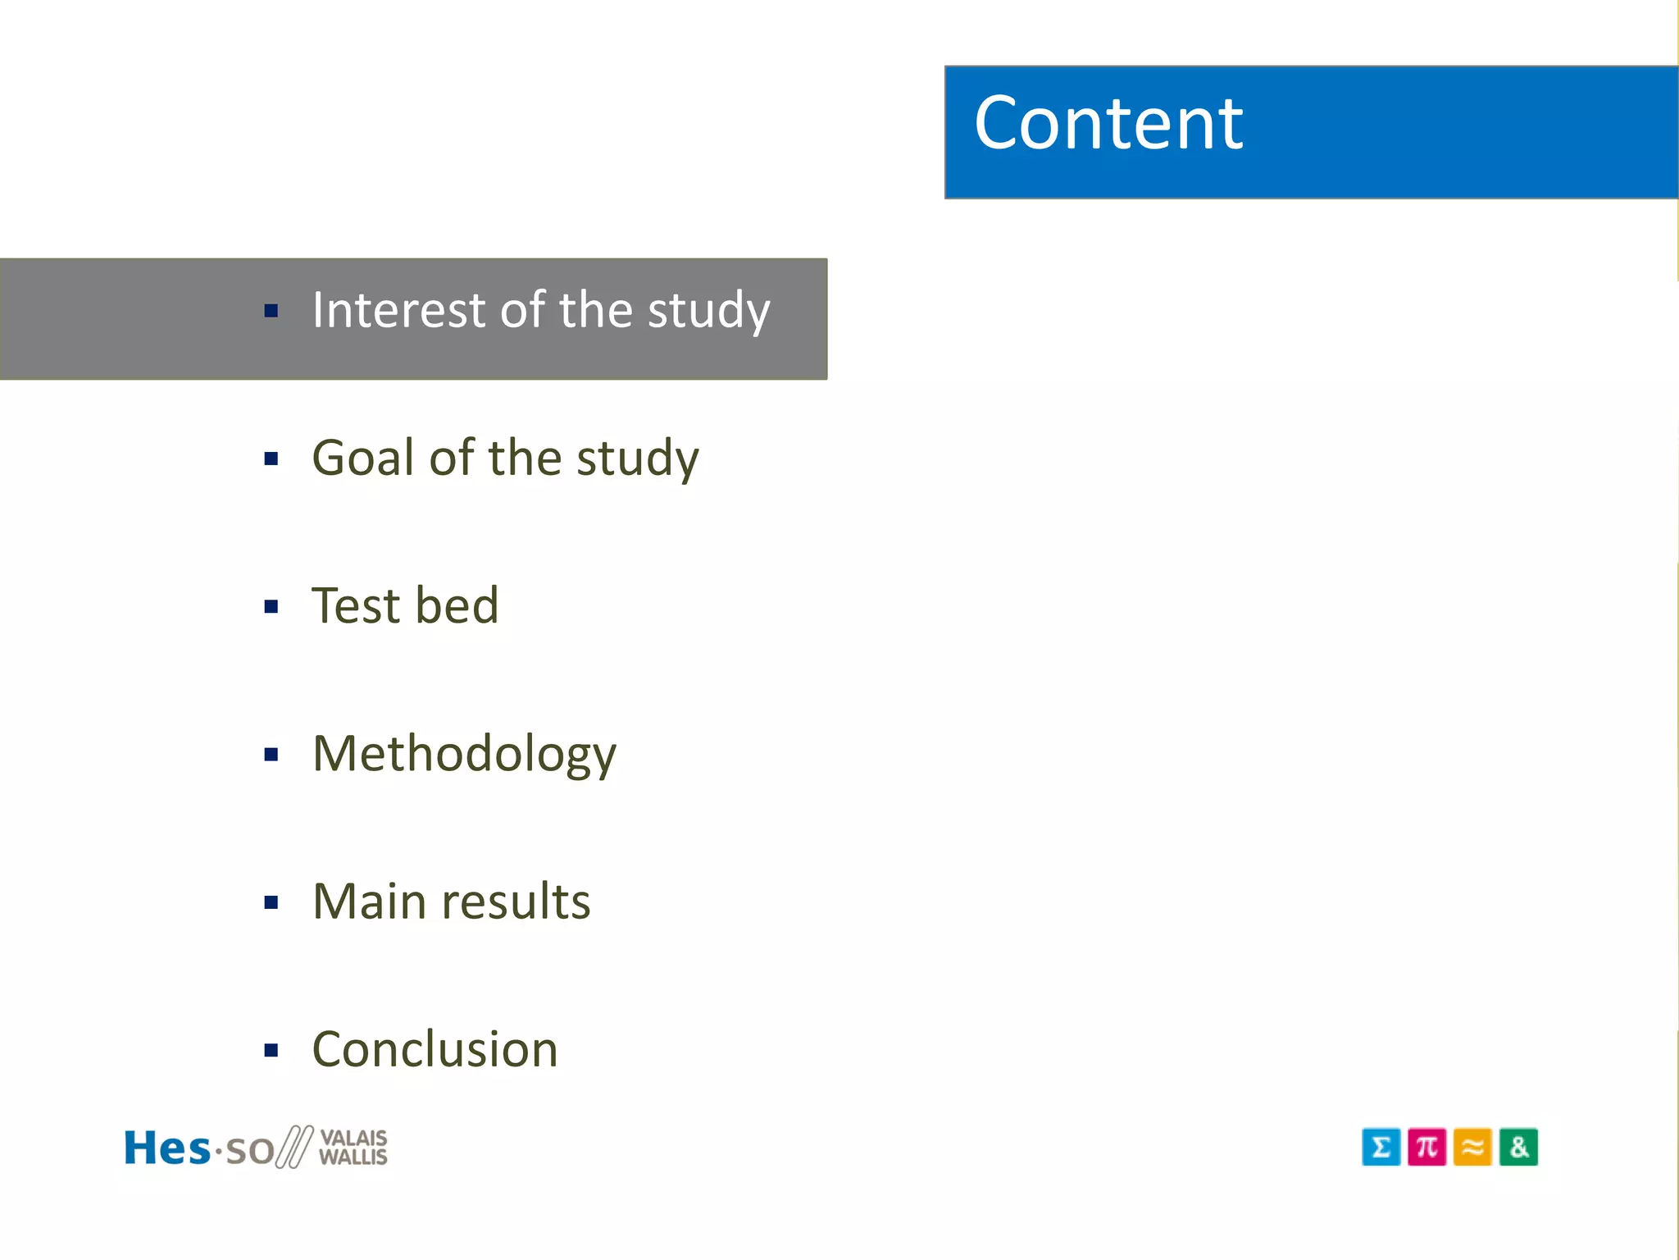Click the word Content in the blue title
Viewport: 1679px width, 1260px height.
pos(1108,124)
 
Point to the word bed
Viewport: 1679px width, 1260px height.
pos(457,606)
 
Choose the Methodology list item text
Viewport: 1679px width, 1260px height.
pos(464,755)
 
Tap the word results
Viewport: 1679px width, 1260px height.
pos(516,902)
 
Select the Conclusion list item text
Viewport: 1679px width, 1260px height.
pos(435,1050)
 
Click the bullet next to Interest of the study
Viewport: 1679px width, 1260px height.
pos(271,311)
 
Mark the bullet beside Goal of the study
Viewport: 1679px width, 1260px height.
pos(271,459)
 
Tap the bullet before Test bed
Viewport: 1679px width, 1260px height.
pos(271,607)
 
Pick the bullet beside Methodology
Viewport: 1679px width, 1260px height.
pos(271,755)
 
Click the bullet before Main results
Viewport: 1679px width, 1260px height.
pos(271,903)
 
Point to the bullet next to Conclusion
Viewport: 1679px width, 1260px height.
pos(271,1051)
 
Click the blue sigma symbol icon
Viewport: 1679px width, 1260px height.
pos(1381,1147)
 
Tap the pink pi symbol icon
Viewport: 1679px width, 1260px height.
pos(1426,1147)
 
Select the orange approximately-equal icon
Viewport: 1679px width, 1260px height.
pos(1472,1147)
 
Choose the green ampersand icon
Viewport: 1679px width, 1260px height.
pos(1518,1147)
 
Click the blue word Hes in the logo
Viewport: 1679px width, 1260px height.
pos(166,1148)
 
